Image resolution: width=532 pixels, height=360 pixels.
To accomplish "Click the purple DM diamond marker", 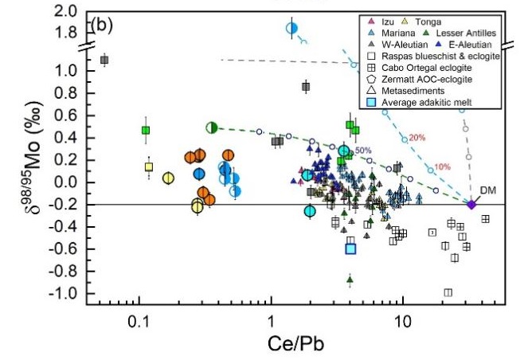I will point(471,205).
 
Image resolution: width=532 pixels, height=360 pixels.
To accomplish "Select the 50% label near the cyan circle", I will point(363,151).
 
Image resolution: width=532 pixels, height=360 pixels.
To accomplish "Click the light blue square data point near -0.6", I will point(350,248).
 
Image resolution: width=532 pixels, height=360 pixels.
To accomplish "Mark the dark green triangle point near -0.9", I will point(350,279).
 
